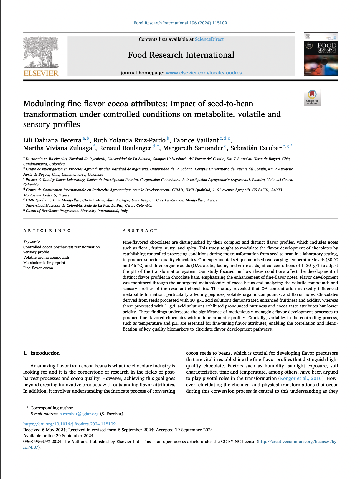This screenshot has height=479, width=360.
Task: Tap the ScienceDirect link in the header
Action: pos(209,39)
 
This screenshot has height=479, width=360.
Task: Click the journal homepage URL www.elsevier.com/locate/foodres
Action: pos(204,73)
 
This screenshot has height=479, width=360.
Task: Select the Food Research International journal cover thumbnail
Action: pos(321,54)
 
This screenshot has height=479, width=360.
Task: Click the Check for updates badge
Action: pos(312,97)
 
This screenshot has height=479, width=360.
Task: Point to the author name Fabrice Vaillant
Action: pos(196,140)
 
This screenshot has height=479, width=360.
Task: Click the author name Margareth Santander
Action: pos(193,148)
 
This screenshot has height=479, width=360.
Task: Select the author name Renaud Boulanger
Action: pos(125,148)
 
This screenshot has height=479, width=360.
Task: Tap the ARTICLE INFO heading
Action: pos(47,231)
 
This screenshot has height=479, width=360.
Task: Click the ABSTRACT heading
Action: pos(140,231)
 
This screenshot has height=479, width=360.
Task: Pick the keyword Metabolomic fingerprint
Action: pos(40,263)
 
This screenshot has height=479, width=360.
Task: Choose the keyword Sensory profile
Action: pos(36,252)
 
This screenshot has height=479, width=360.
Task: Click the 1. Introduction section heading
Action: pos(42,353)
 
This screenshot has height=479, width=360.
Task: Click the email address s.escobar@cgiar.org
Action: pos(79,414)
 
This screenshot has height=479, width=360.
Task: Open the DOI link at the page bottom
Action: pos(69,424)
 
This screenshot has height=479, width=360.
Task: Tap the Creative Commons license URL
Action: pos(298,442)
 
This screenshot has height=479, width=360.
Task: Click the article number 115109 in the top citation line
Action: pos(219,23)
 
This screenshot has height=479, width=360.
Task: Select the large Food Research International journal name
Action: pos(181,55)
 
